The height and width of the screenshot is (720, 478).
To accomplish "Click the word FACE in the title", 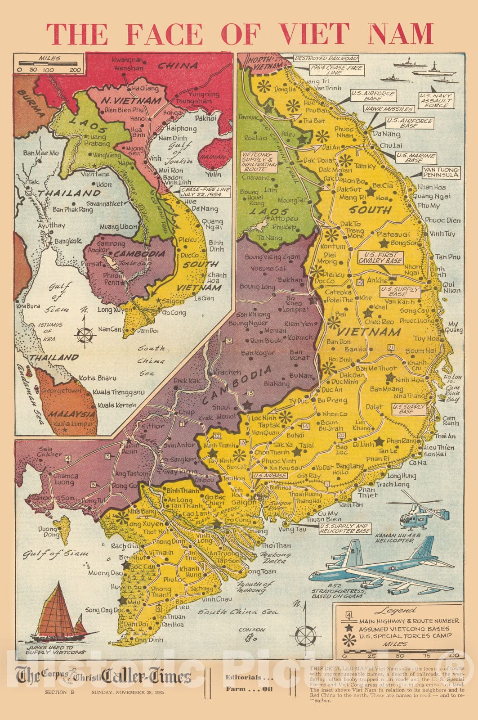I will [164, 34].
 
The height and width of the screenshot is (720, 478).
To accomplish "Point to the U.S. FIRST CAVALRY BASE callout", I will [380, 257].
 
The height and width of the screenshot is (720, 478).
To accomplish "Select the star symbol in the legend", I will [348, 628].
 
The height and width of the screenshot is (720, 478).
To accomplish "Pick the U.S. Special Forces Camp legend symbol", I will [348, 638].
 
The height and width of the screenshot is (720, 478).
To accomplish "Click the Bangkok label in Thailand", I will [68, 241].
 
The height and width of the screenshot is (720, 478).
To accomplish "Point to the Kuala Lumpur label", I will [74, 423].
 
